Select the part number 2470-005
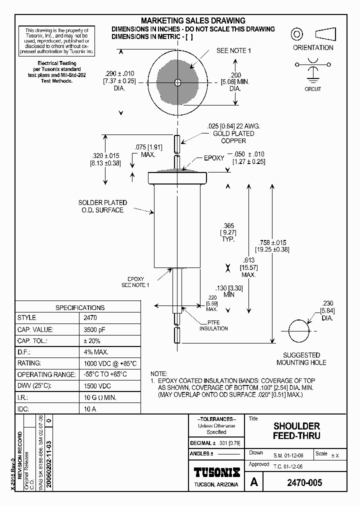[304, 482]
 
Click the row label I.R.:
[24, 397]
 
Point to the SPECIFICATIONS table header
[80, 307]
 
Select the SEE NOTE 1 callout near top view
[233, 50]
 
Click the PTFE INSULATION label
[214, 325]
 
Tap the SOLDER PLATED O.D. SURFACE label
[102, 206]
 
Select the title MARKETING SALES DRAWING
[193, 20]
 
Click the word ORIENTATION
[313, 48]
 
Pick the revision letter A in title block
[254, 482]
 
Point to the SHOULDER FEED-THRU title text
[296, 431]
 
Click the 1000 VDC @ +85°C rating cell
[109, 363]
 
